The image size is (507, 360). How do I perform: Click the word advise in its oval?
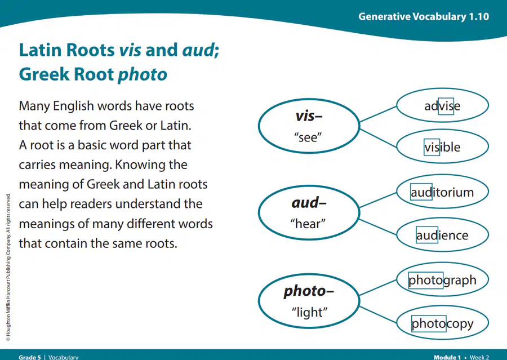point(442,106)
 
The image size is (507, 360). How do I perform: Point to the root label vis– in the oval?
point(309,116)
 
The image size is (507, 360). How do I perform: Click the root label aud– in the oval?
point(309,203)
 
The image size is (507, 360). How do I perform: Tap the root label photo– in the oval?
point(309,291)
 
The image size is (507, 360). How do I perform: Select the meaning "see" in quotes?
point(308,137)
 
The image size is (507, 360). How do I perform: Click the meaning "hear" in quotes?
point(308,224)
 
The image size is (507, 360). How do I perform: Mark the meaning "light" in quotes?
point(309,313)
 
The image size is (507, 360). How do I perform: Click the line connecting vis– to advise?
point(378,114)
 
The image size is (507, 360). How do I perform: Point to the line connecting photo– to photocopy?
point(378,314)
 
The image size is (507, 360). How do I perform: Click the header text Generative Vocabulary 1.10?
point(424,16)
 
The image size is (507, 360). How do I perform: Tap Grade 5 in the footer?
point(30,357)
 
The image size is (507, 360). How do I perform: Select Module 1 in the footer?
point(447,357)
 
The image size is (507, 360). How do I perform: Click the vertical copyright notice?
point(8,267)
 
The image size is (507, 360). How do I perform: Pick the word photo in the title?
point(143,75)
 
